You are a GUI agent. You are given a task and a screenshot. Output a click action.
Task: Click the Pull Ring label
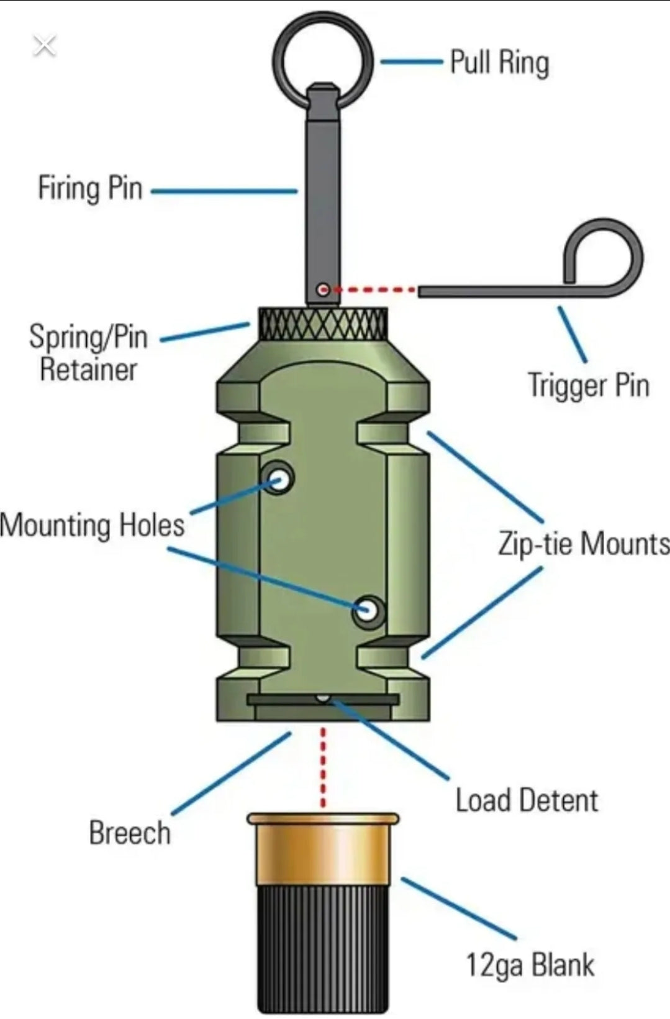click(x=499, y=63)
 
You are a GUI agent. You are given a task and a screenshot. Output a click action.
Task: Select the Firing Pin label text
click(x=90, y=188)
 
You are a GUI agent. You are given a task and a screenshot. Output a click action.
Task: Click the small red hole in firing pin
click(x=322, y=290)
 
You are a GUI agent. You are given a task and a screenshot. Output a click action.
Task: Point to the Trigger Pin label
click(x=588, y=385)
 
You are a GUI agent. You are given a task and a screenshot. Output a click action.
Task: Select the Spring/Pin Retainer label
click(x=88, y=353)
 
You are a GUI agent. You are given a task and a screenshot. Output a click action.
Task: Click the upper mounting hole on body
click(x=279, y=479)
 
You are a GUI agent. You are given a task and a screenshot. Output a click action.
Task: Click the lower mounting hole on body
click(x=368, y=610)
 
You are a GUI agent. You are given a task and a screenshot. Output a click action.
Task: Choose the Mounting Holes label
click(x=93, y=525)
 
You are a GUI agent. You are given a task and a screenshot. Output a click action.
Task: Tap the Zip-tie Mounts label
click(x=583, y=544)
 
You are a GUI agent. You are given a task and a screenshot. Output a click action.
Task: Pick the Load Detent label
click(x=527, y=800)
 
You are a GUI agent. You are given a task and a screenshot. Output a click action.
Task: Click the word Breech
click(x=129, y=833)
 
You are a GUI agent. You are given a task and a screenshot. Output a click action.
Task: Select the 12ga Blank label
click(x=530, y=965)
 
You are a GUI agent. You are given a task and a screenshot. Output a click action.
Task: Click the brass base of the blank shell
click(x=323, y=851)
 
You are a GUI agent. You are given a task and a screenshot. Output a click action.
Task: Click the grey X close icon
click(x=44, y=45)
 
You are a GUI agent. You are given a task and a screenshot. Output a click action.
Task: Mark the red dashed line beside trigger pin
click(x=376, y=290)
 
